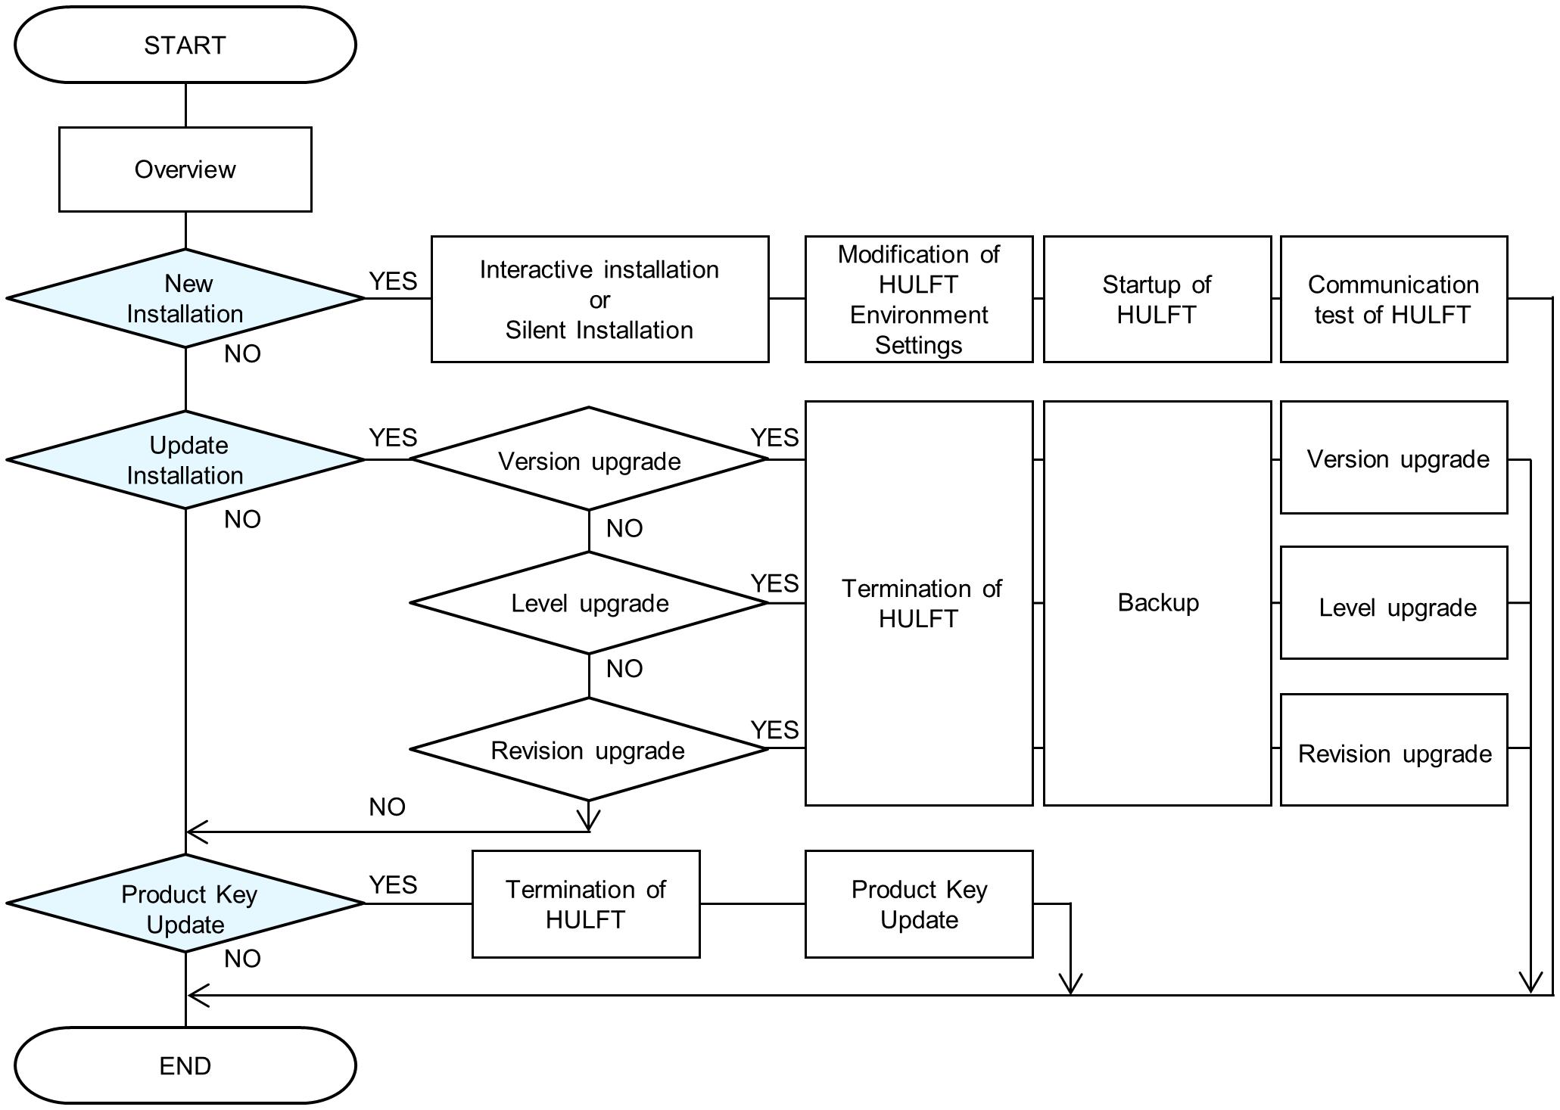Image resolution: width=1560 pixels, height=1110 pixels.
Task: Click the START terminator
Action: (185, 45)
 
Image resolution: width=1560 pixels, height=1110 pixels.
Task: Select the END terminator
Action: (185, 1065)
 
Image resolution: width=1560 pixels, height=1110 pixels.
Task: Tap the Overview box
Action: (185, 169)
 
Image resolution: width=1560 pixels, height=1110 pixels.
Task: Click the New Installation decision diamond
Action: (185, 298)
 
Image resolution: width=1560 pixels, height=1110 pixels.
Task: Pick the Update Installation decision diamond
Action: (185, 459)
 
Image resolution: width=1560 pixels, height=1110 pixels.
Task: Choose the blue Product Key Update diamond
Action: (185, 903)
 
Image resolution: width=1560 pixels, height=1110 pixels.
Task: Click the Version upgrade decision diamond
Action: (589, 459)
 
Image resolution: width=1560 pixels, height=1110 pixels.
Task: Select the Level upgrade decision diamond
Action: (589, 603)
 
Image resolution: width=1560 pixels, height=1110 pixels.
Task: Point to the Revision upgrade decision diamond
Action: (589, 749)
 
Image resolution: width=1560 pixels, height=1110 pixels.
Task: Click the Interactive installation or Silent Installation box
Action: (600, 299)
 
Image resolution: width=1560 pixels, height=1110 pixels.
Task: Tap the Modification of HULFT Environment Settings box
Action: (919, 299)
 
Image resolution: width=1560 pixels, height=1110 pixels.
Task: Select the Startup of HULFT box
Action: (1157, 299)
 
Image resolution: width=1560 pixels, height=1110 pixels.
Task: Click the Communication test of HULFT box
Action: (1394, 299)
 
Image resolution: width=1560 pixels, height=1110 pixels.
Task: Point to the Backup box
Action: (1157, 603)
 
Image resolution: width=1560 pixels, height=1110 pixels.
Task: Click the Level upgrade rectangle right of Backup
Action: (1394, 603)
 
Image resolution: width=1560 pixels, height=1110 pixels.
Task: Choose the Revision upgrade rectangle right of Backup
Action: (1394, 749)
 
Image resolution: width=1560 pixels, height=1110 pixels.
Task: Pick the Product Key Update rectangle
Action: (919, 904)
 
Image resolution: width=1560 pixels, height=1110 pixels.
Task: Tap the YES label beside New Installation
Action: (393, 281)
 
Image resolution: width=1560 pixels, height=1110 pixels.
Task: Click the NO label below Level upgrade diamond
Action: (624, 668)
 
